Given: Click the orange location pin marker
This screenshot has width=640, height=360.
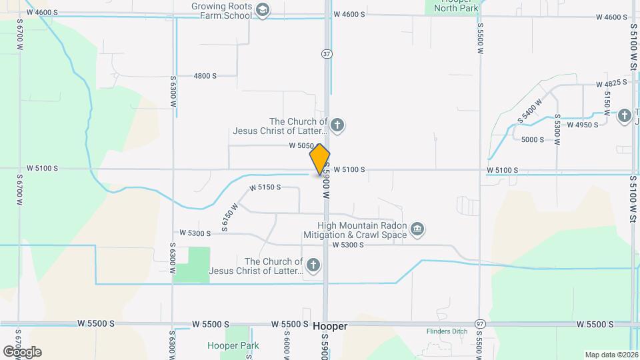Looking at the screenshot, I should click(319, 159).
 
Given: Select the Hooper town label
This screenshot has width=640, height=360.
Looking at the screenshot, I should click(330, 327).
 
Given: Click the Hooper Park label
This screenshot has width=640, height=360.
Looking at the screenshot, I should click(233, 345).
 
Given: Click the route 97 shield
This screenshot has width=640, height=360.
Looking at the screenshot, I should click(480, 323).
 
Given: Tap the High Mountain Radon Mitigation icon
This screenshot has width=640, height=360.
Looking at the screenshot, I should click(417, 229).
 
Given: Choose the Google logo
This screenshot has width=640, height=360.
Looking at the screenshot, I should click(22, 351).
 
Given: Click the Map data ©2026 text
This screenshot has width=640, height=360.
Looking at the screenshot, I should click(611, 355).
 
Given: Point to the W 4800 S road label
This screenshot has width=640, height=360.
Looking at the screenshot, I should click(205, 76).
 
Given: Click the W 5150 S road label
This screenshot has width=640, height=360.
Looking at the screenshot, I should click(265, 188).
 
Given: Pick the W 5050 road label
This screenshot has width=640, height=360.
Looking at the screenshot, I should click(301, 145).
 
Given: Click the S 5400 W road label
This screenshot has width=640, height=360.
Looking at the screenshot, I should click(529, 110).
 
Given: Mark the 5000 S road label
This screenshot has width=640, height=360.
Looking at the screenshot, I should click(533, 139).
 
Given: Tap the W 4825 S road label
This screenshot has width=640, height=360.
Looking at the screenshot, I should click(612, 83).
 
